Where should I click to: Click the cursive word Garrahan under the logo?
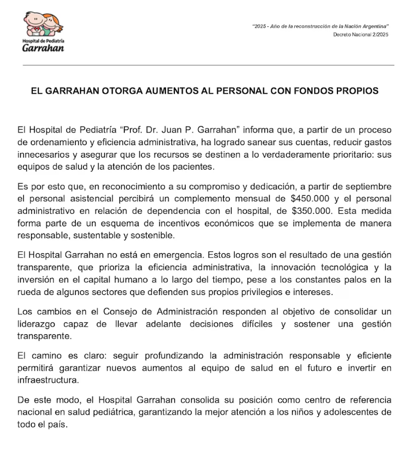[x=43, y=47]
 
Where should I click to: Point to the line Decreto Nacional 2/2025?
[x=361, y=35]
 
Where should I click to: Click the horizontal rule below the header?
[x=209, y=65]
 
